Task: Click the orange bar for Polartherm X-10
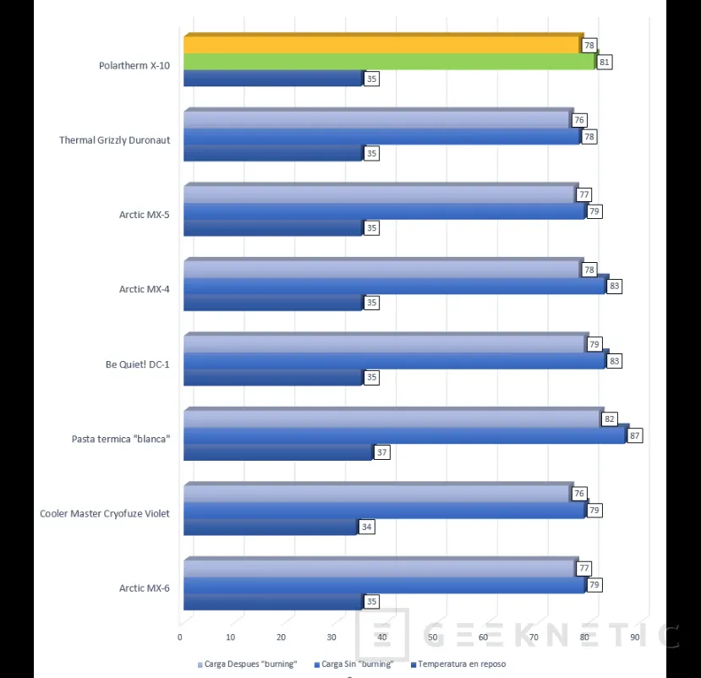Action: click(x=381, y=45)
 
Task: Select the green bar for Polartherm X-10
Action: click(x=389, y=62)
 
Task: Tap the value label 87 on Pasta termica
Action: click(x=635, y=435)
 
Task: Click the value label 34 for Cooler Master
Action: click(x=366, y=527)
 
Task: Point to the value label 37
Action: click(x=381, y=452)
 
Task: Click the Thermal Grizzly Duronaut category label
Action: click(x=115, y=140)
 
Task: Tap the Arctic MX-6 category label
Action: click(x=144, y=588)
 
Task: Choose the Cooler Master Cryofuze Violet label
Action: click(x=105, y=513)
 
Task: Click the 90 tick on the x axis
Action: click(x=634, y=637)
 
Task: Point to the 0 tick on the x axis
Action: click(x=180, y=637)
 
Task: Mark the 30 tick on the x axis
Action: click(x=331, y=637)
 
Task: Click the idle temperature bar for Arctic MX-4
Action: click(x=272, y=303)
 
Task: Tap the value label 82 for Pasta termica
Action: click(x=610, y=419)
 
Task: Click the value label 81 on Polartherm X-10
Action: click(x=604, y=62)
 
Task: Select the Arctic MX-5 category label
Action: click(x=144, y=215)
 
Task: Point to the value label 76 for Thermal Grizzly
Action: click(x=579, y=120)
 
